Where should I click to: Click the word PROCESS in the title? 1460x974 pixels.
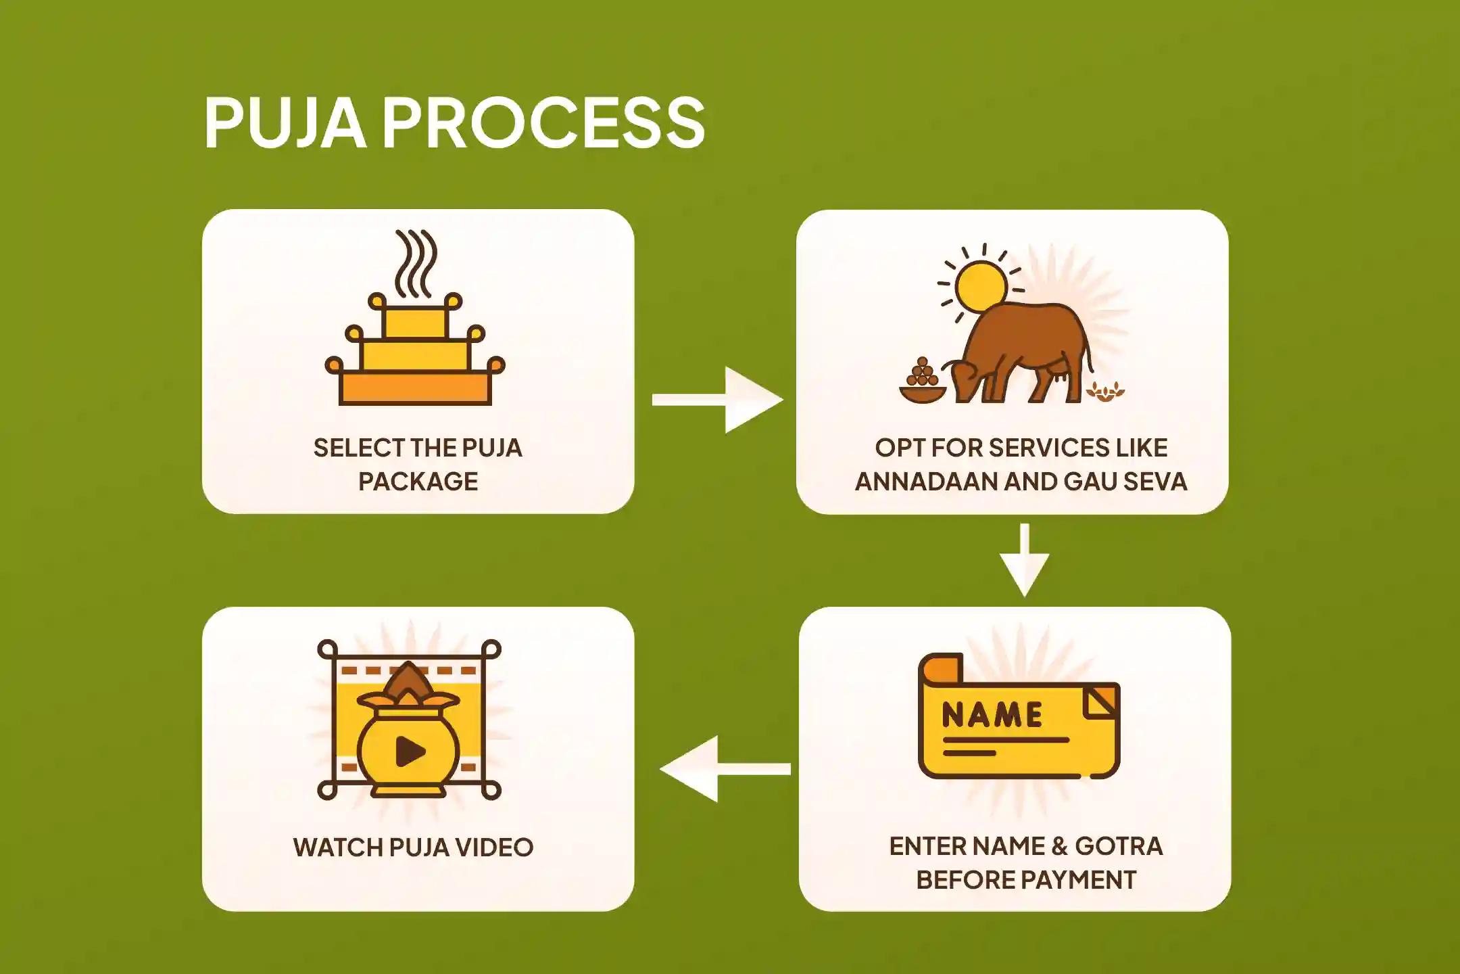click(544, 122)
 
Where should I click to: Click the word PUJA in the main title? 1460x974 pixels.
click(285, 122)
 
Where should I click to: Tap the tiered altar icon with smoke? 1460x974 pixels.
click(415, 352)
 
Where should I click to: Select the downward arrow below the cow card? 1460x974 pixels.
click(1025, 561)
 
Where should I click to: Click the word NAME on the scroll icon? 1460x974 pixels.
click(992, 715)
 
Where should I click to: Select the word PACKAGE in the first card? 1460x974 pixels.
click(418, 482)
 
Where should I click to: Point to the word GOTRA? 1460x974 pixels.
click(1119, 846)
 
